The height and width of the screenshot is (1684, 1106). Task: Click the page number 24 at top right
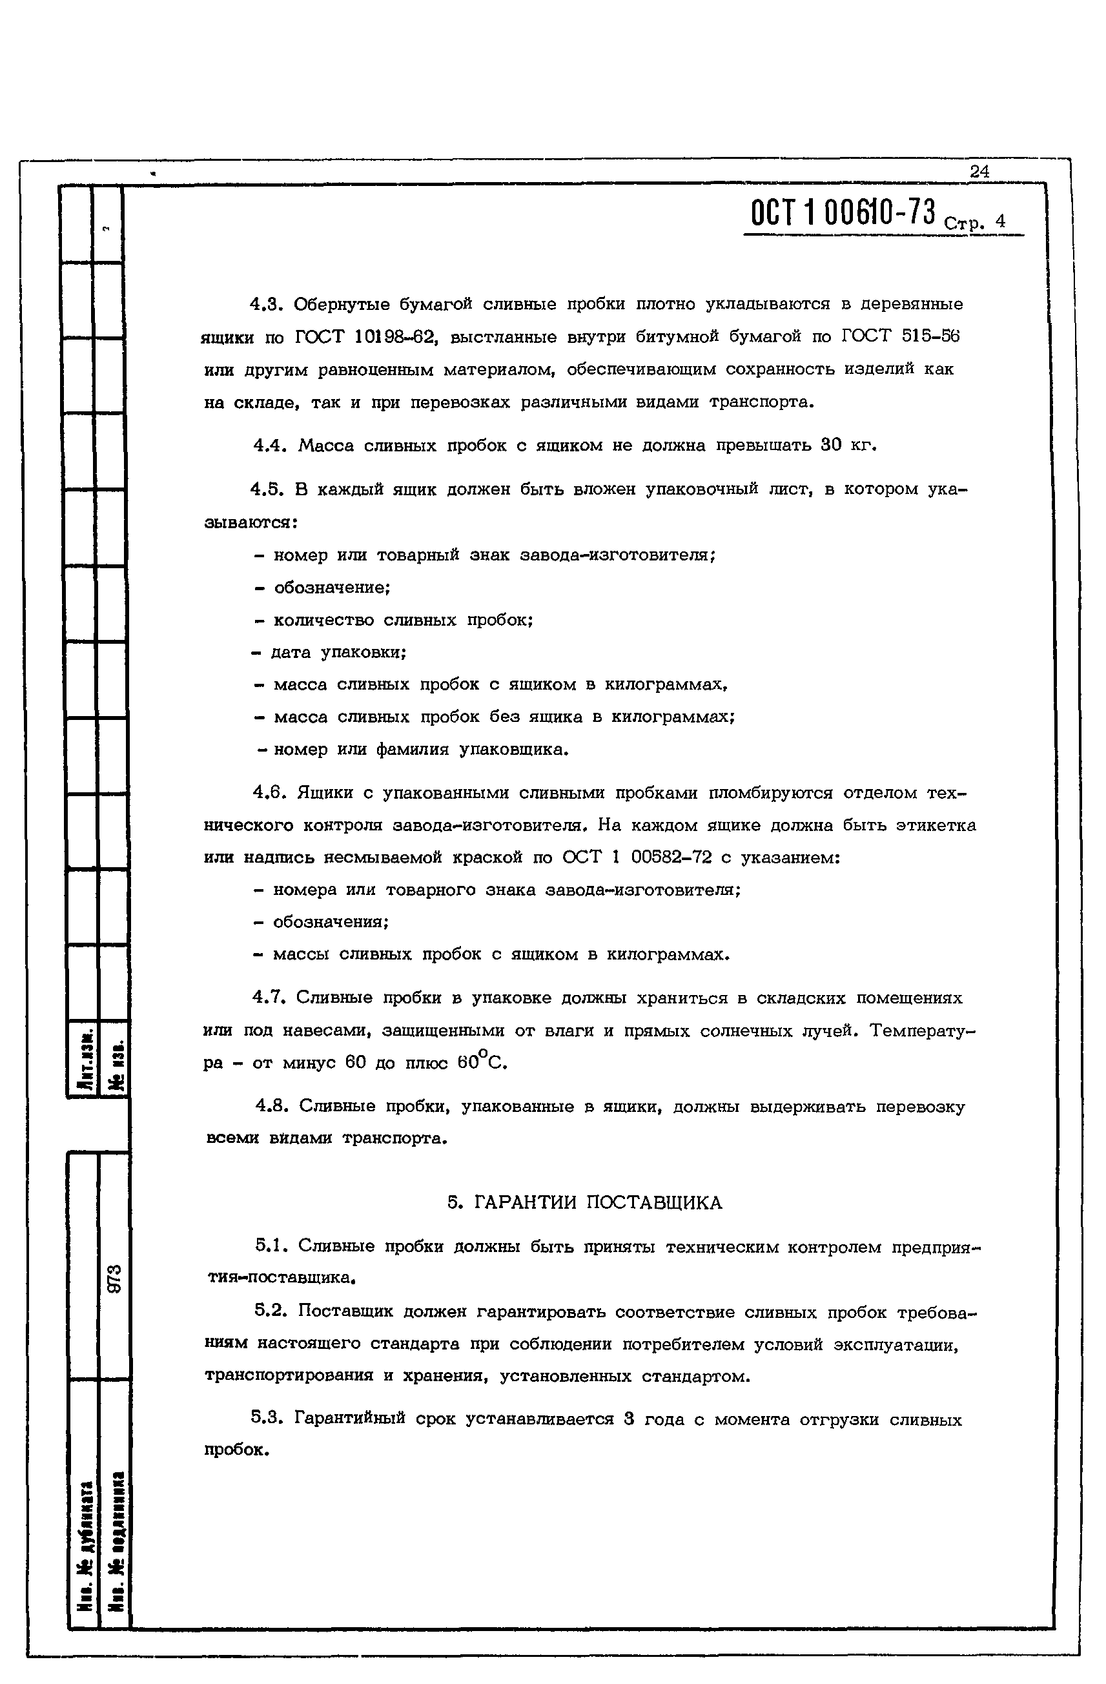979,171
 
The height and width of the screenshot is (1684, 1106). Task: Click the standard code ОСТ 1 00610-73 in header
843,212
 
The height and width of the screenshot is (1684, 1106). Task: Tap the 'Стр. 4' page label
974,223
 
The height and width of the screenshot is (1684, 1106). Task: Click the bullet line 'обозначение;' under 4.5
332,588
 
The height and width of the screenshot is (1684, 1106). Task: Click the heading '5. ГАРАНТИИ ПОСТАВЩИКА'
584,1203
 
